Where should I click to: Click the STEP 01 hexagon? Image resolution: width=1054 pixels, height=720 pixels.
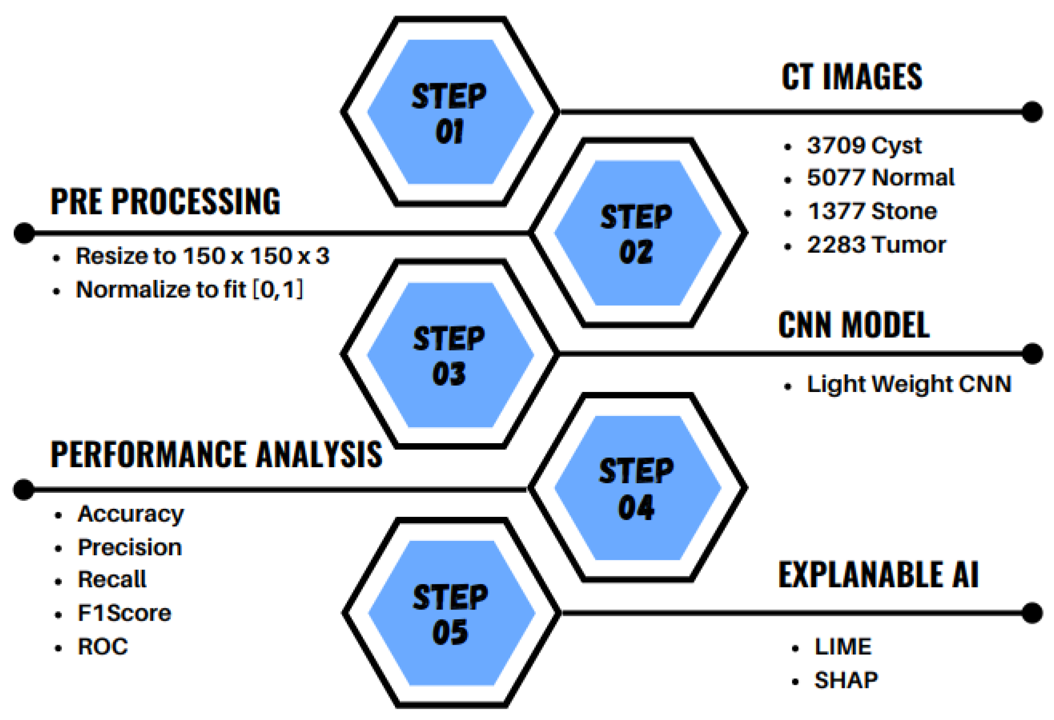[x=450, y=112]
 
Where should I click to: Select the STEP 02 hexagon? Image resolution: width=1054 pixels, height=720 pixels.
[x=637, y=233]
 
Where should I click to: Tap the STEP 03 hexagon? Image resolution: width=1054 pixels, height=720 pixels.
[x=450, y=354]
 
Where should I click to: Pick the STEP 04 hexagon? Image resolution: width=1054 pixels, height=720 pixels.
[x=637, y=487]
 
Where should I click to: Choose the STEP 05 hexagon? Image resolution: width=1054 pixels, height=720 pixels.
[x=451, y=613]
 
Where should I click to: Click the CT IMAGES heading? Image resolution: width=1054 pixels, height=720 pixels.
[x=852, y=77]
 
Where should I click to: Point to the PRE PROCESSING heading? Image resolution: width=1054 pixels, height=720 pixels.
[x=165, y=202]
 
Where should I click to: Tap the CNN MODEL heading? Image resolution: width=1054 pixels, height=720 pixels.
[x=854, y=325]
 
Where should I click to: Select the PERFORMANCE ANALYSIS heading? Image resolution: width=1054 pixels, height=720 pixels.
[x=216, y=455]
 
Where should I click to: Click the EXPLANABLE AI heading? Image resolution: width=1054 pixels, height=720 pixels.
[x=878, y=575]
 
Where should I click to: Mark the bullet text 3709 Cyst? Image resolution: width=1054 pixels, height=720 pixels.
[x=864, y=146]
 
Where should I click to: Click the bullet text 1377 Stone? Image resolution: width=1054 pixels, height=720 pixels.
[x=872, y=212]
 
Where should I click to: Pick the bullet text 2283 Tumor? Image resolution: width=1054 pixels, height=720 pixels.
[x=876, y=245]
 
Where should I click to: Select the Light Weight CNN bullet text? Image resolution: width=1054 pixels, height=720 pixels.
[x=909, y=384]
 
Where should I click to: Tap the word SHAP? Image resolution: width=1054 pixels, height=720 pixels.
[x=846, y=681]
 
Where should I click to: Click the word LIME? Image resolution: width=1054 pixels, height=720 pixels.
[x=843, y=647]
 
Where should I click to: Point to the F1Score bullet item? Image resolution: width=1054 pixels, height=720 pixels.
[x=124, y=613]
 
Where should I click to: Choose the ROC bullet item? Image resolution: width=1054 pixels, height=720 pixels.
[x=103, y=647]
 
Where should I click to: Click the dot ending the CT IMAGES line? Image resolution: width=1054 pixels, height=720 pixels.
[x=1033, y=112]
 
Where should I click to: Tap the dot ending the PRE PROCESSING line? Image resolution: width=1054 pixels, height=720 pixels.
[x=24, y=233]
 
